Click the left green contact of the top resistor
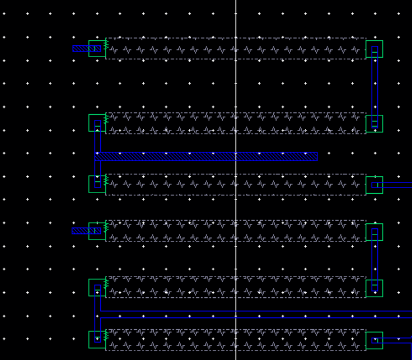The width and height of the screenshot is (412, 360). (97, 49)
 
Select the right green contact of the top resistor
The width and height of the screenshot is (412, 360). (374, 49)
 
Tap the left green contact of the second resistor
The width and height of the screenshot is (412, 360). (97, 123)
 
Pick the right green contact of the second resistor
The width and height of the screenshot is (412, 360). (374, 124)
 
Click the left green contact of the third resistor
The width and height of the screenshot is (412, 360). (97, 184)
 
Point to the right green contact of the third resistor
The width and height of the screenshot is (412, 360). (374, 185)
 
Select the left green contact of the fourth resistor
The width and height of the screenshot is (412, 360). (97, 231)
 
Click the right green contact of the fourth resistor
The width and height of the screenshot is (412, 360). (374, 232)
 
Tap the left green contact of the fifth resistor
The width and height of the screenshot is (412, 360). (97, 288)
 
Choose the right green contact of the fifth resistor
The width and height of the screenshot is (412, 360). (374, 288)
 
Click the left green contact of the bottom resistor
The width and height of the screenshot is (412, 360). (97, 340)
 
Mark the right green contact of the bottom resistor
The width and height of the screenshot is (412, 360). (374, 340)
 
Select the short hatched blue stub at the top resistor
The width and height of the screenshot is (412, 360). (83, 49)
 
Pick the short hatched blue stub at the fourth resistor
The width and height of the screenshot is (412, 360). (82, 231)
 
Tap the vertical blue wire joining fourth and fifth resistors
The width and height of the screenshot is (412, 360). (374, 260)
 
